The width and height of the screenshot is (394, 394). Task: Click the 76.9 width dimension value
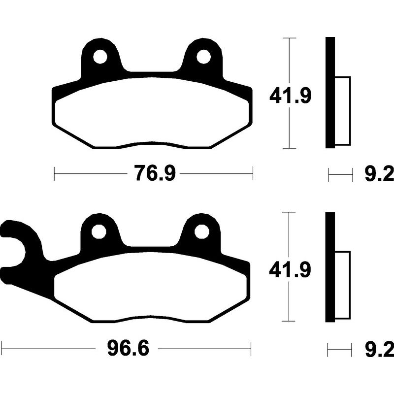click(x=154, y=173)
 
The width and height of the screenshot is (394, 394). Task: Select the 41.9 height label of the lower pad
click(x=290, y=270)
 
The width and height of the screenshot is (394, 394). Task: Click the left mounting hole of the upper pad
click(x=100, y=57)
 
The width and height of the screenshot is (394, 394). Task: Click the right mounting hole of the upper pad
click(x=203, y=57)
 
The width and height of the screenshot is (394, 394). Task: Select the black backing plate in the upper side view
click(x=330, y=93)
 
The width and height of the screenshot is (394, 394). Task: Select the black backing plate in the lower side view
click(x=330, y=267)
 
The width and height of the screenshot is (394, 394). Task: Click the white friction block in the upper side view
click(x=343, y=111)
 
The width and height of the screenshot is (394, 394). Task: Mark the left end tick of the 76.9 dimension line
click(x=54, y=173)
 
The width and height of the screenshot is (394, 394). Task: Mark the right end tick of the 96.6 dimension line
click(x=252, y=349)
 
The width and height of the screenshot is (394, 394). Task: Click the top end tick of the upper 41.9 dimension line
click(x=289, y=37)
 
